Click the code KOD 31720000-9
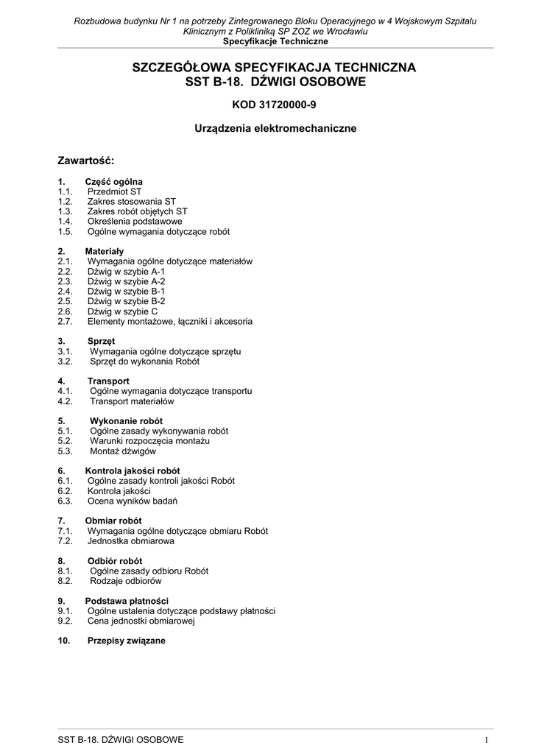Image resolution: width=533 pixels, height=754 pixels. (x=274, y=105)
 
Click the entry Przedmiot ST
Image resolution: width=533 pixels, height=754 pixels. (x=114, y=191)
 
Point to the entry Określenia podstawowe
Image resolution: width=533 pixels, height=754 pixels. (x=135, y=221)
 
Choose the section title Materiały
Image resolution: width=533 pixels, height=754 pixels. (x=105, y=252)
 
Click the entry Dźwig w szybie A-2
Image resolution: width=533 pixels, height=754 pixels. (x=126, y=281)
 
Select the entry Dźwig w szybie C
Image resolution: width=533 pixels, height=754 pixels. (x=122, y=311)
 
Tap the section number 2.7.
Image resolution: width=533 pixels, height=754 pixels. (x=65, y=322)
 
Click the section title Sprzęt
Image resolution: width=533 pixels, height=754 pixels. (x=102, y=342)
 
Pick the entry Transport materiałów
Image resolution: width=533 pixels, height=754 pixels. (x=132, y=401)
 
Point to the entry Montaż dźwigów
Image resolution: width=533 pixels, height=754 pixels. (x=123, y=451)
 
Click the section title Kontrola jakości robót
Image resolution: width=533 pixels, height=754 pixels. (x=133, y=471)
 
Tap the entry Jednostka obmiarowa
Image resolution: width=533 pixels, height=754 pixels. (x=131, y=541)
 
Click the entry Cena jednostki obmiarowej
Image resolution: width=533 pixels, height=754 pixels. (x=141, y=621)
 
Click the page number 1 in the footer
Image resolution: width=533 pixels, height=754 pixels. (x=487, y=739)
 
